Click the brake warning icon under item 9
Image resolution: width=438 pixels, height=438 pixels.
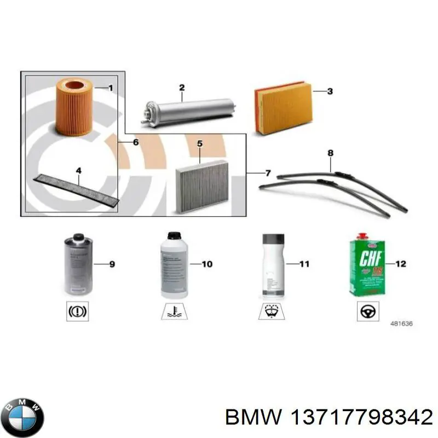tap(77, 312)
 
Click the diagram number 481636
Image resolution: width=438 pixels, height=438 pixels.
tap(401, 324)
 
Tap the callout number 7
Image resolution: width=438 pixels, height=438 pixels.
tap(268, 174)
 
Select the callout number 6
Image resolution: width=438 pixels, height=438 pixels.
tap(135, 142)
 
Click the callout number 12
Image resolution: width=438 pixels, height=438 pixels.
tap(400, 264)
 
